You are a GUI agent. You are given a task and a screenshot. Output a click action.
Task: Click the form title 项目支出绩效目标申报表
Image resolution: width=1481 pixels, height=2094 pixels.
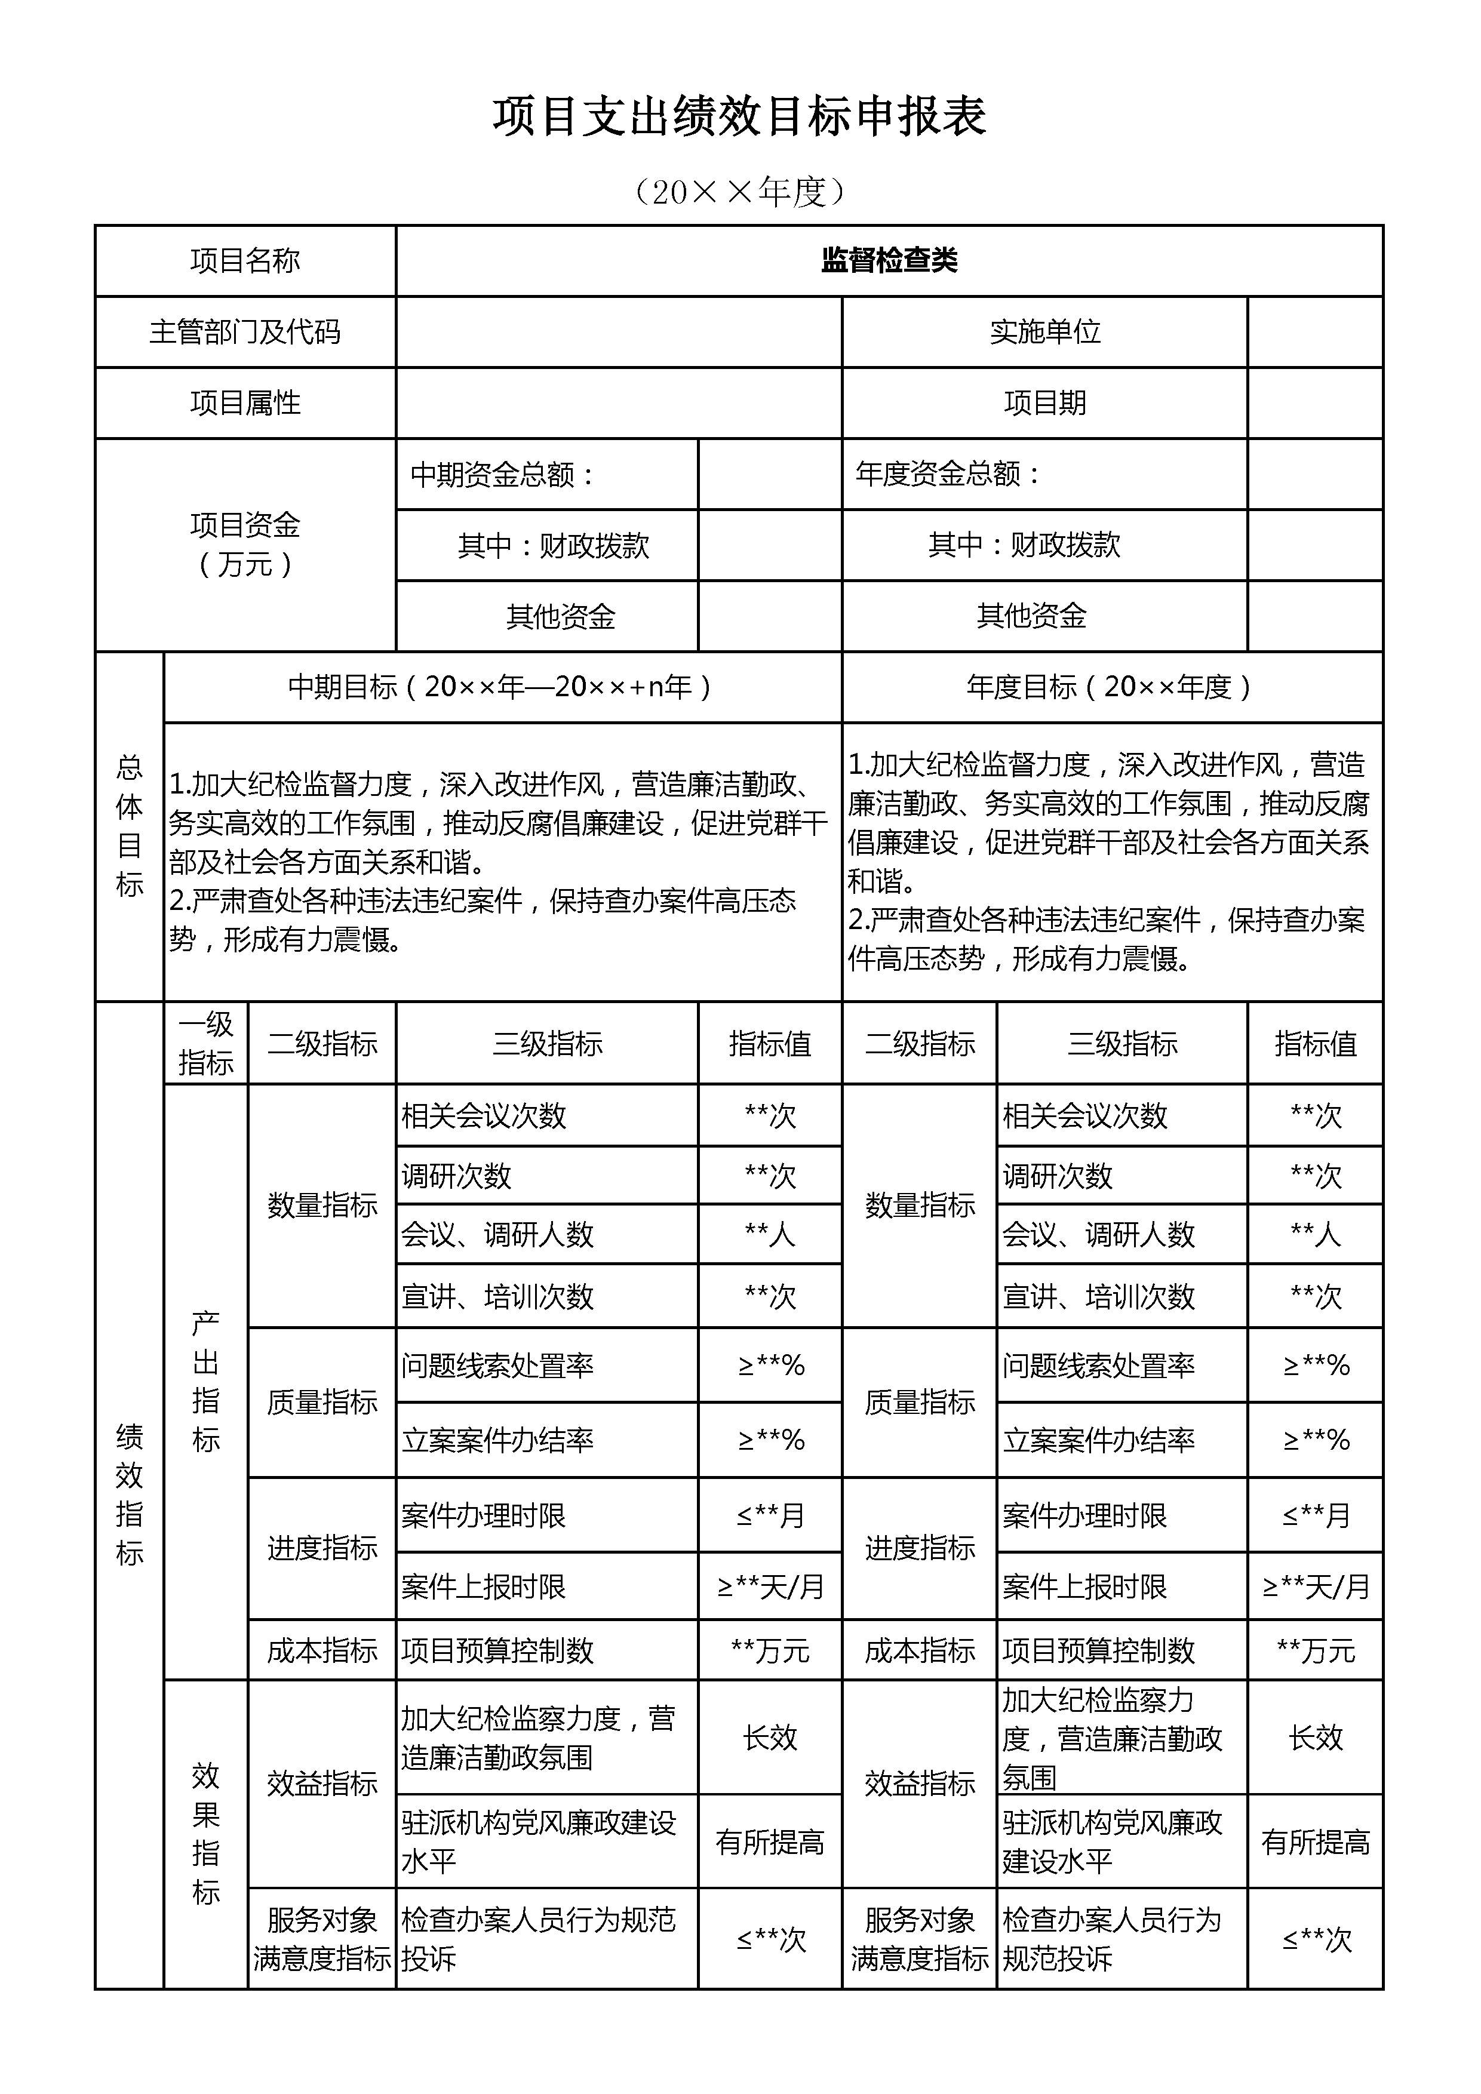pyautogui.click(x=739, y=117)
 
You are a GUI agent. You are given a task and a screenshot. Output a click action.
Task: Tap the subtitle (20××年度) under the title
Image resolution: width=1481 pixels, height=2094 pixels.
pyautogui.click(x=739, y=192)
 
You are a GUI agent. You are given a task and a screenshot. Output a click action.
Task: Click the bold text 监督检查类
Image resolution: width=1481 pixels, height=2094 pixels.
pyautogui.click(x=889, y=261)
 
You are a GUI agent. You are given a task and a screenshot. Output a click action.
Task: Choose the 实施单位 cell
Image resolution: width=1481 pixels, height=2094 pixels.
pyautogui.click(x=1044, y=332)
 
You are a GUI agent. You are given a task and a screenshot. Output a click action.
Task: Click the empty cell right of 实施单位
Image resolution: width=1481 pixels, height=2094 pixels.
pyautogui.click(x=1314, y=332)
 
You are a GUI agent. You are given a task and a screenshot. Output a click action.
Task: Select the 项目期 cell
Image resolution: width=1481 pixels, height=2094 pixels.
pyautogui.click(x=1044, y=403)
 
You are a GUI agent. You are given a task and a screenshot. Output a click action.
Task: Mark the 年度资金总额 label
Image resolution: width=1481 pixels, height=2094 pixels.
pyautogui.click(x=948, y=474)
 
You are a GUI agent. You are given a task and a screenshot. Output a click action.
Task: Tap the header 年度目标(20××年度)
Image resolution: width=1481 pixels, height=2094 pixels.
pyautogui.click(x=1111, y=687)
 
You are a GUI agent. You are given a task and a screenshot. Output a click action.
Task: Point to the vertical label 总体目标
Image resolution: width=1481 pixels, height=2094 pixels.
pyautogui.click(x=130, y=826)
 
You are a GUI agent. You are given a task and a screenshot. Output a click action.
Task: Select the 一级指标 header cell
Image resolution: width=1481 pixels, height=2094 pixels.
pyautogui.click(x=206, y=1043)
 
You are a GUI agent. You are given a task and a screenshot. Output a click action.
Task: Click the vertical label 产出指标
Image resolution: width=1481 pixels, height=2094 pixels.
pyautogui.click(x=206, y=1382)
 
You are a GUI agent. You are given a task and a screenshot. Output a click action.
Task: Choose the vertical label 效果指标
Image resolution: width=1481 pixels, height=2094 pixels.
pyautogui.click(x=206, y=1833)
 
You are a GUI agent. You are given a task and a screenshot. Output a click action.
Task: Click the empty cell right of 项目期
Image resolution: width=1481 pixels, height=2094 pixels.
pyautogui.click(x=1314, y=403)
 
